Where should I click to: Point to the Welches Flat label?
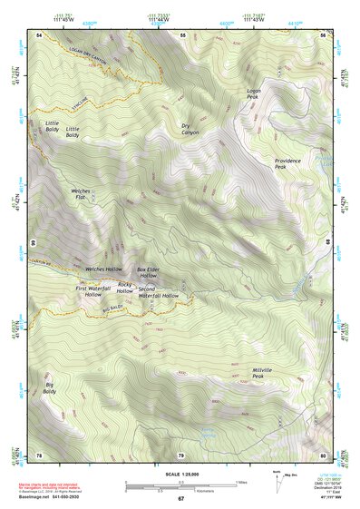(81, 194)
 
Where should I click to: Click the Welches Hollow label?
(103, 269)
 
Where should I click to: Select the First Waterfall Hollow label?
(93, 291)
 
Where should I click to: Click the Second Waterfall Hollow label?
(159, 292)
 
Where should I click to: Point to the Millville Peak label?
(264, 373)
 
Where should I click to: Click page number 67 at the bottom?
(180, 498)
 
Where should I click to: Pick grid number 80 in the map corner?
(323, 455)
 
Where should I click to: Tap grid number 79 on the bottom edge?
(180, 455)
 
